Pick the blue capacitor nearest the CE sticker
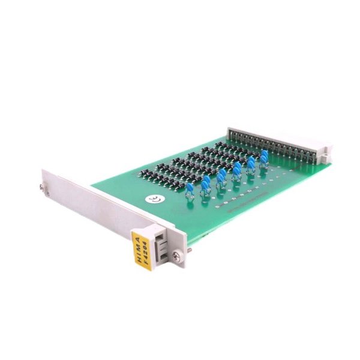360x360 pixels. (190, 189)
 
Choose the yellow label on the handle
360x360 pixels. (140, 245)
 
